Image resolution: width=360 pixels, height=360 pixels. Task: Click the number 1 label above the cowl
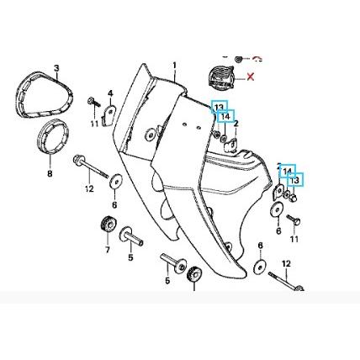point(174,66)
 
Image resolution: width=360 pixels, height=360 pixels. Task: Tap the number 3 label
point(56,68)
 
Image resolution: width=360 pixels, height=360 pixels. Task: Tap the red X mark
point(251,77)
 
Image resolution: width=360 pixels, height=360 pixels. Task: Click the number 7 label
point(108,249)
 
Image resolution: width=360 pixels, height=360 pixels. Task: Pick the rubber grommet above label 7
point(108,225)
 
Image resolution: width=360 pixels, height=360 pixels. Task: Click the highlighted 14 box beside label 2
point(225,116)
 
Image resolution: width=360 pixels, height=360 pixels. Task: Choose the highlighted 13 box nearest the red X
point(220,107)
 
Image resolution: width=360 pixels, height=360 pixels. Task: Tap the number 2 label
point(236,124)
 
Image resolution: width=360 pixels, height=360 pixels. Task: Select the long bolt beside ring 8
point(90,167)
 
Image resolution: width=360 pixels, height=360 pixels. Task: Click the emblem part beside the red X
point(221,76)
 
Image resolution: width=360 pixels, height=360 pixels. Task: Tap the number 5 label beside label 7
point(130,257)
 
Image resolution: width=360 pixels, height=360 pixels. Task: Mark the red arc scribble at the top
point(257,59)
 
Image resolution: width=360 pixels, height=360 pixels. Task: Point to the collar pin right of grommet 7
point(131,237)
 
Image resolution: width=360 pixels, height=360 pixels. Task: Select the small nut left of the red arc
point(239,59)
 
